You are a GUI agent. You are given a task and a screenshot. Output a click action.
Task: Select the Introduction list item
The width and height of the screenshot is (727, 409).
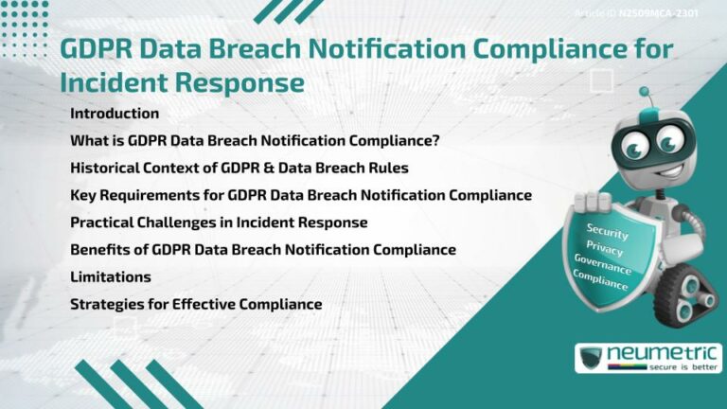(x=115, y=114)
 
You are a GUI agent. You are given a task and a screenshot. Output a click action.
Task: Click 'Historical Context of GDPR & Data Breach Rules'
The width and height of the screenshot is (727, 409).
(x=239, y=169)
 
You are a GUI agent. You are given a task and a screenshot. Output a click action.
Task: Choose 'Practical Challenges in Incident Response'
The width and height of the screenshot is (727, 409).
(x=219, y=222)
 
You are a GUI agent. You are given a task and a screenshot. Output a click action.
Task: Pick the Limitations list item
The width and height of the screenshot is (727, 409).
(x=111, y=277)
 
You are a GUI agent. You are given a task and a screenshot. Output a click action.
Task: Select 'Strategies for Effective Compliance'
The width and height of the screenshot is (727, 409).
(x=196, y=305)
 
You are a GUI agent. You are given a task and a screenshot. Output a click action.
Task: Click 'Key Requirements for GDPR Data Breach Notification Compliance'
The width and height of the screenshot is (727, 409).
(x=301, y=196)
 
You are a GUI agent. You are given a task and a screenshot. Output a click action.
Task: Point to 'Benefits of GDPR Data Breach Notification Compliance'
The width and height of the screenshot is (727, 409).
(x=263, y=250)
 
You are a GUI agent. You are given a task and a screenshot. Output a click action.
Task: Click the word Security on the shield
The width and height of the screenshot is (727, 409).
(x=608, y=230)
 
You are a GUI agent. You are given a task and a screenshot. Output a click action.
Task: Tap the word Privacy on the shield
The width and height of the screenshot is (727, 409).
(x=605, y=249)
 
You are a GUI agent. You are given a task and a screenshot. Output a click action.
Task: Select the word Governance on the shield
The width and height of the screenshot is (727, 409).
(x=602, y=264)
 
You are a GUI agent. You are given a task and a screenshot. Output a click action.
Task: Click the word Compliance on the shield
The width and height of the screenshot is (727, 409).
(x=600, y=280)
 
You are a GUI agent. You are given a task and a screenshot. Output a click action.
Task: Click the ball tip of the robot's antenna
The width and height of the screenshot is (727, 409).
(x=645, y=93)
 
